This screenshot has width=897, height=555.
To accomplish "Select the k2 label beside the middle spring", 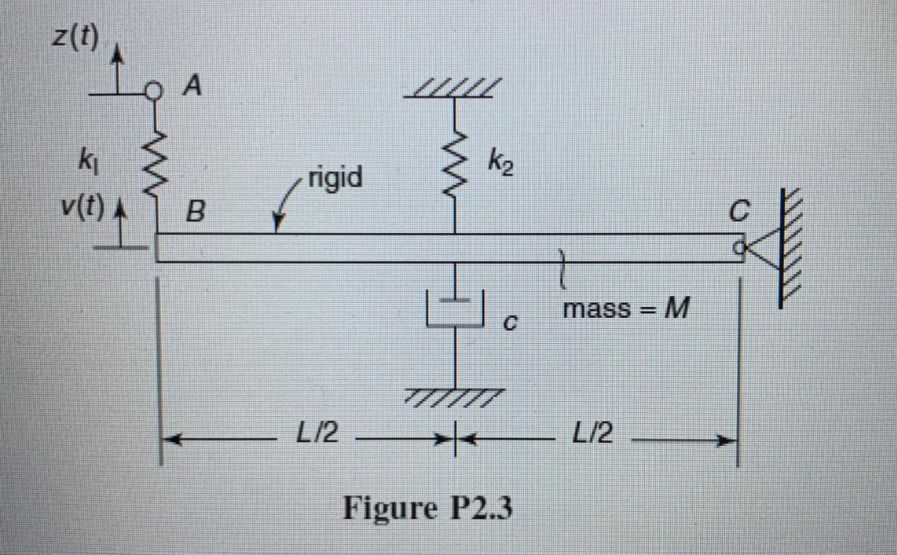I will tap(502, 166).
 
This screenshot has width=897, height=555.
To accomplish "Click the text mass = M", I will tap(625, 309).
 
